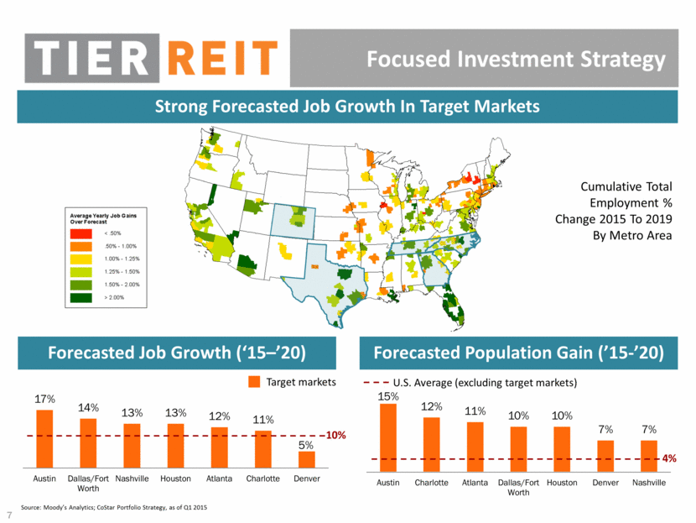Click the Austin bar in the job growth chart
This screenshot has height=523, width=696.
[x=44, y=438]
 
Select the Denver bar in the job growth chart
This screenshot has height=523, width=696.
[x=307, y=459]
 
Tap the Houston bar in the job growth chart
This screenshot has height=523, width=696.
[x=175, y=445]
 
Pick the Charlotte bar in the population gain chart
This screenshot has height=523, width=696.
[x=432, y=442]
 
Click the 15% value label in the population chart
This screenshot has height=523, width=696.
[x=388, y=395]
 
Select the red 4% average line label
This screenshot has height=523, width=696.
[x=669, y=458]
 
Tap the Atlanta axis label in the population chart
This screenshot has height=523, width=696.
[x=475, y=483]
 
